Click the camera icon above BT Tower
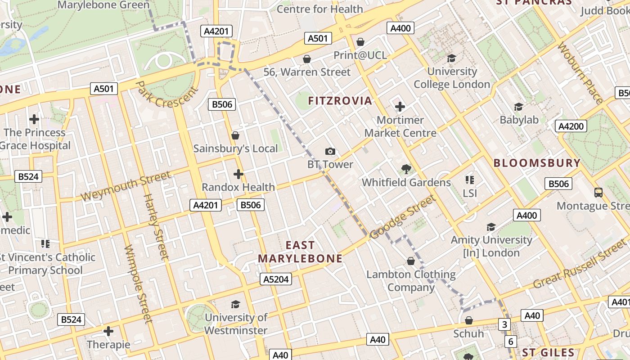coord(330,152)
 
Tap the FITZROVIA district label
coord(340,101)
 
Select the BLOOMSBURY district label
coord(537,163)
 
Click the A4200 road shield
coord(571,126)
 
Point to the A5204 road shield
coord(276,279)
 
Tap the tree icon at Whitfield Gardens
coord(406,169)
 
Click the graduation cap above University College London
coord(451,58)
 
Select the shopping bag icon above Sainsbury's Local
coord(235,135)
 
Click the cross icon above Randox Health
coord(238,174)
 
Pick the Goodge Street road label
coord(403,217)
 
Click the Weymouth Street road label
coord(126,186)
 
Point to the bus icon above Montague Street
coord(598,193)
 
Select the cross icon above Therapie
coord(108,332)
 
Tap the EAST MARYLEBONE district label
coord(300,252)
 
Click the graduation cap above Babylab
coord(519,107)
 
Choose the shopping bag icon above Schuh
coord(468,320)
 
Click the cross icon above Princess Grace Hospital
coord(34,119)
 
